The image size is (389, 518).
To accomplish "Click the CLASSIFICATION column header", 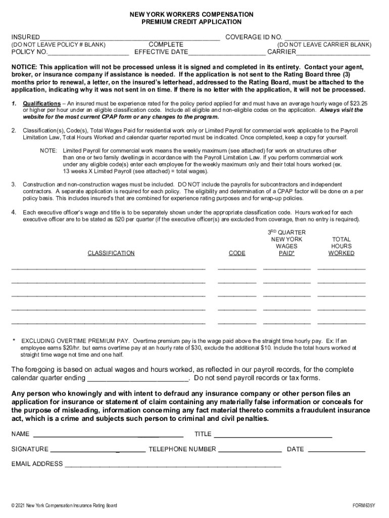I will pos(111,253).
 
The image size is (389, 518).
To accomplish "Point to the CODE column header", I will pos(237,253).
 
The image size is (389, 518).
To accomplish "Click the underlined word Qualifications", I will pos(42,103).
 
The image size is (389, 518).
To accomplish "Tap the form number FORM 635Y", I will pos(364,505).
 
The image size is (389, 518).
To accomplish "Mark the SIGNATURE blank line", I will pos(98,450).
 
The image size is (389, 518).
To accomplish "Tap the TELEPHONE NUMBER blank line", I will pos(250,450).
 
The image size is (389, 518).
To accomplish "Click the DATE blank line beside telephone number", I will pos(336,450).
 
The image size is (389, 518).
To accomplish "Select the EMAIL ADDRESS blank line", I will pos(172,464).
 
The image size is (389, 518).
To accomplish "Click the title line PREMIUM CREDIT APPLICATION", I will pos(191,22).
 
